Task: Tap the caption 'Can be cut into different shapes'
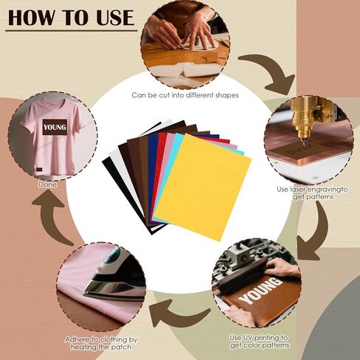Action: point(185,95)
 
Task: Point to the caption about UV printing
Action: point(257,341)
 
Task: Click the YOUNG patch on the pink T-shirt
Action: point(55,128)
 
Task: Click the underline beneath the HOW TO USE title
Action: point(71,30)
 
